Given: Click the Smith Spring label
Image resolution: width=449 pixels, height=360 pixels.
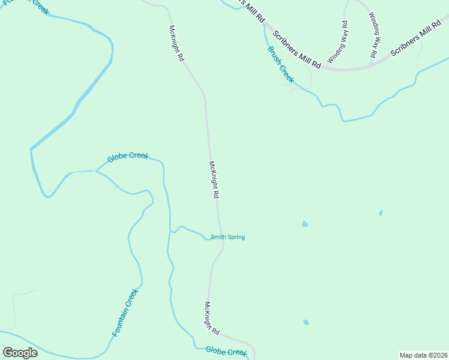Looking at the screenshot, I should pos(228,237).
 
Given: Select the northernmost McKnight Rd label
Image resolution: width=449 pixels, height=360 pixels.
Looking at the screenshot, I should pos(176,43).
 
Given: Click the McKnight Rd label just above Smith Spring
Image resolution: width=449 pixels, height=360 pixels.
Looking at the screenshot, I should pos(214,180).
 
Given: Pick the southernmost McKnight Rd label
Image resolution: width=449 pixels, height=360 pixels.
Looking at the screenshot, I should pos(212,318).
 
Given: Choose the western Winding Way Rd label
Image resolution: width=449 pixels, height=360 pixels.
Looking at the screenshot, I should pos(337,43).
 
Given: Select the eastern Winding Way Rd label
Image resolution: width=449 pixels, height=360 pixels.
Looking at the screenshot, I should pos(373,36).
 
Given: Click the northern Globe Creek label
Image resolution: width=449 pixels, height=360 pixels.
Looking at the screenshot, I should pos(128,157).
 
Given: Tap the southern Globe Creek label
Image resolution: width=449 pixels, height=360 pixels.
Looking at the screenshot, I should pos(226,351).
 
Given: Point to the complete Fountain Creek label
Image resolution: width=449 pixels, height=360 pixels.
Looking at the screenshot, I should pos(125,312).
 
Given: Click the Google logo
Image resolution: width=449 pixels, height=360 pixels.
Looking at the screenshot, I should pos(20,352).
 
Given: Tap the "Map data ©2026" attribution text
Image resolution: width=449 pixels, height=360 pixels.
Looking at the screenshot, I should pos(424,355).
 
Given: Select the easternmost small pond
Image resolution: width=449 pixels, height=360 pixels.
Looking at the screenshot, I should pos(381,213).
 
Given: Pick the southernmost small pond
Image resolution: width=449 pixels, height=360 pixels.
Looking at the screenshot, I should pos(306,322).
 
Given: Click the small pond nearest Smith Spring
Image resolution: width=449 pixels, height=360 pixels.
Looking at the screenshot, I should pos(305,224).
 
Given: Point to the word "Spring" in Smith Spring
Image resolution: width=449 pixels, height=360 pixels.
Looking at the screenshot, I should pos(235,237).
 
